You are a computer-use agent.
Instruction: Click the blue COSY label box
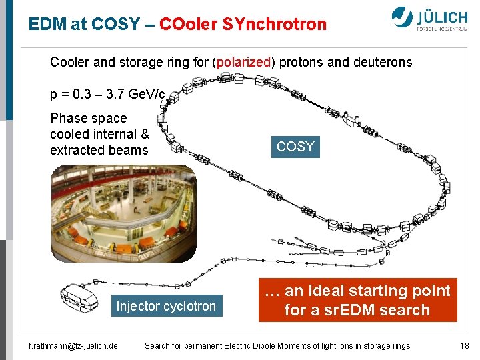295,147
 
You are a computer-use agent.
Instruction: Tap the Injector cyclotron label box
166,307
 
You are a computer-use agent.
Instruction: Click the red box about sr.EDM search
357,301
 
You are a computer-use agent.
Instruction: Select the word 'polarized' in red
243,63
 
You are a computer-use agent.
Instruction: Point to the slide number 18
465,345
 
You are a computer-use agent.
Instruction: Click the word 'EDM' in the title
47,25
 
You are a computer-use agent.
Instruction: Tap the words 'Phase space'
88,118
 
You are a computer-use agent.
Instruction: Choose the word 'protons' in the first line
301,63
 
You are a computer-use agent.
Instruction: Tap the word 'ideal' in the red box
319,291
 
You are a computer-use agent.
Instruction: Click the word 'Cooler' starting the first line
69,63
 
